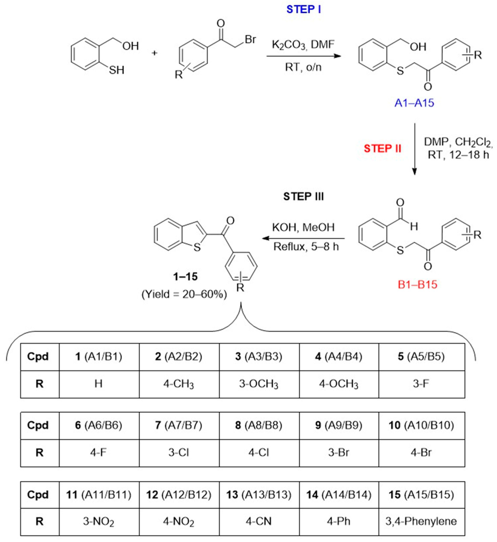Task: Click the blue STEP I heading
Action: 303,10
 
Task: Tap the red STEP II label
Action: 382,149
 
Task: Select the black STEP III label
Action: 303,196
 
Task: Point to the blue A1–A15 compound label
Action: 414,103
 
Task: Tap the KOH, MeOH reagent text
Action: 303,228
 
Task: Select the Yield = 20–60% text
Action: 184,294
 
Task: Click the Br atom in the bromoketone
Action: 250,40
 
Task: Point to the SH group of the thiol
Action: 117,70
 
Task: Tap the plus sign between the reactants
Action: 154,53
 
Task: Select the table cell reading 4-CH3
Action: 179,384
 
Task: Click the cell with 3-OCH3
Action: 259,384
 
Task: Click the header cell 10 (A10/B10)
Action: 421,425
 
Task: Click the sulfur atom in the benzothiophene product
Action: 197,247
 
